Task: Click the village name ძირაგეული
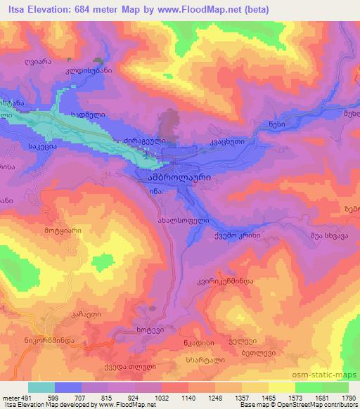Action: (145, 141)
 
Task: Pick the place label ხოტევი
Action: (149, 330)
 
